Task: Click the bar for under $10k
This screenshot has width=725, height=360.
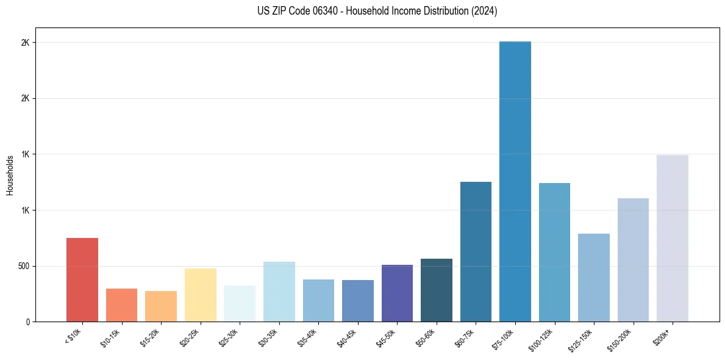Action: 82,279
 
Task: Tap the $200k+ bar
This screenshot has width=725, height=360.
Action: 673,238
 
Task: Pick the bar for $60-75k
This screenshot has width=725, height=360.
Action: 476,251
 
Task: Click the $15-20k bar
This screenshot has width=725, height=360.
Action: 161,306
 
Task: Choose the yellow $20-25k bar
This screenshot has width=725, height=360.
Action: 201,295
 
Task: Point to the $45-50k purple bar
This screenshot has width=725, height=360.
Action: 397,293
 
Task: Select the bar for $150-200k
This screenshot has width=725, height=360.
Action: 633,260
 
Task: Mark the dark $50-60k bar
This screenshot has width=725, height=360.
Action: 437,290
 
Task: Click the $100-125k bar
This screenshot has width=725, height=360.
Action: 554,252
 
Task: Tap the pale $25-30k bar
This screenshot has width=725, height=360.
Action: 240,303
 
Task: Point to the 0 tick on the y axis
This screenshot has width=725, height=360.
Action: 28,322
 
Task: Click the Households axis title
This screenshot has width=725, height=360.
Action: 10,175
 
